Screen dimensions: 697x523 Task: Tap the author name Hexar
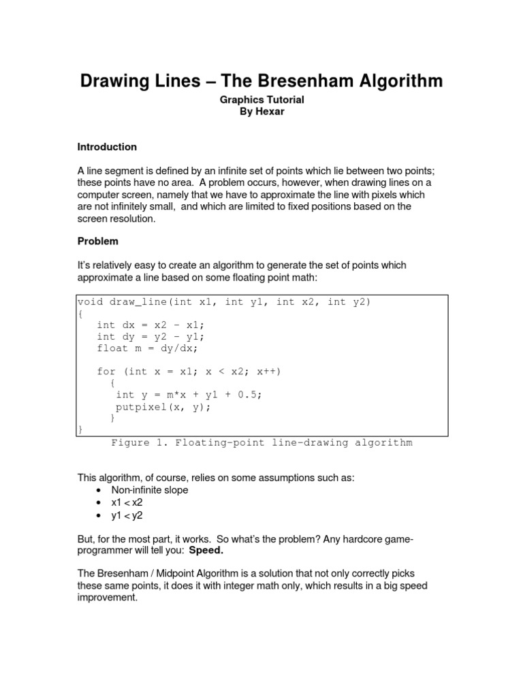pyautogui.click(x=270, y=112)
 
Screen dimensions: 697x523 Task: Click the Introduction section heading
pyautogui.click(x=107, y=147)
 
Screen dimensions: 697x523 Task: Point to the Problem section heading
pyautogui.click(x=98, y=241)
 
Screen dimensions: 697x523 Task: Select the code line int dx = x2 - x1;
pyautogui.click(x=150, y=325)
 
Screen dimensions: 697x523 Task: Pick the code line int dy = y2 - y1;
pyautogui.click(x=150, y=337)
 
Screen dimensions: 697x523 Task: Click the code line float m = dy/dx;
pyautogui.click(x=147, y=348)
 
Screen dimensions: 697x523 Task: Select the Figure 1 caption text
pyautogui.click(x=261, y=443)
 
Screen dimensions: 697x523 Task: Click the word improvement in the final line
pyautogui.click(x=107, y=598)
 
